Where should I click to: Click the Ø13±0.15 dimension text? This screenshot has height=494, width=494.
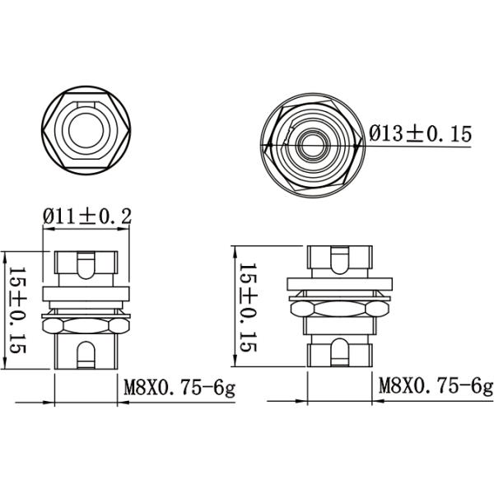(420, 134)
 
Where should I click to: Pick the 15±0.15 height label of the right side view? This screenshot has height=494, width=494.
(248, 306)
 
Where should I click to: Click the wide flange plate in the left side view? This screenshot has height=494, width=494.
(86, 294)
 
